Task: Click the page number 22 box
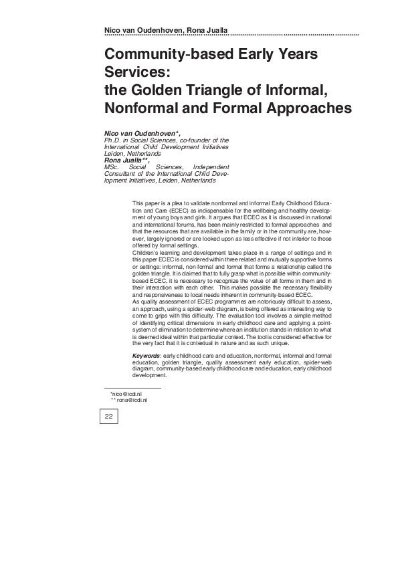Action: point(108,417)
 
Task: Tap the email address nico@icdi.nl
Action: point(126,394)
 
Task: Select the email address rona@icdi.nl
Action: point(128,400)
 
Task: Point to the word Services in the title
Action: point(138,71)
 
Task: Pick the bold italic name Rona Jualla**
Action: point(127,160)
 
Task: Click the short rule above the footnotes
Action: point(132,388)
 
